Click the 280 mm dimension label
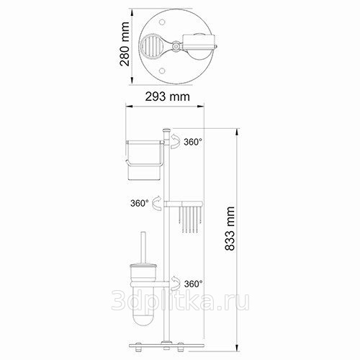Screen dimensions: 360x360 pos(125,44)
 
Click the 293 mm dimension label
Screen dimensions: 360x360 pos(167,96)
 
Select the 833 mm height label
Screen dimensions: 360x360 pos(230,229)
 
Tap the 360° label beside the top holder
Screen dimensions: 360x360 pos(193,142)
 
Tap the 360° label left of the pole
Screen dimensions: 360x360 pos(140,203)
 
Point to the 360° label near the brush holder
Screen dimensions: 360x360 pos(193,284)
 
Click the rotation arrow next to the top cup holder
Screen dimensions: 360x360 pos(175,141)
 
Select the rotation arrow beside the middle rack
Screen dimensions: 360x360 pos(157,203)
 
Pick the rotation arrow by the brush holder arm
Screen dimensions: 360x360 pos(176,283)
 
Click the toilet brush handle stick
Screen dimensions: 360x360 pos(143,248)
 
